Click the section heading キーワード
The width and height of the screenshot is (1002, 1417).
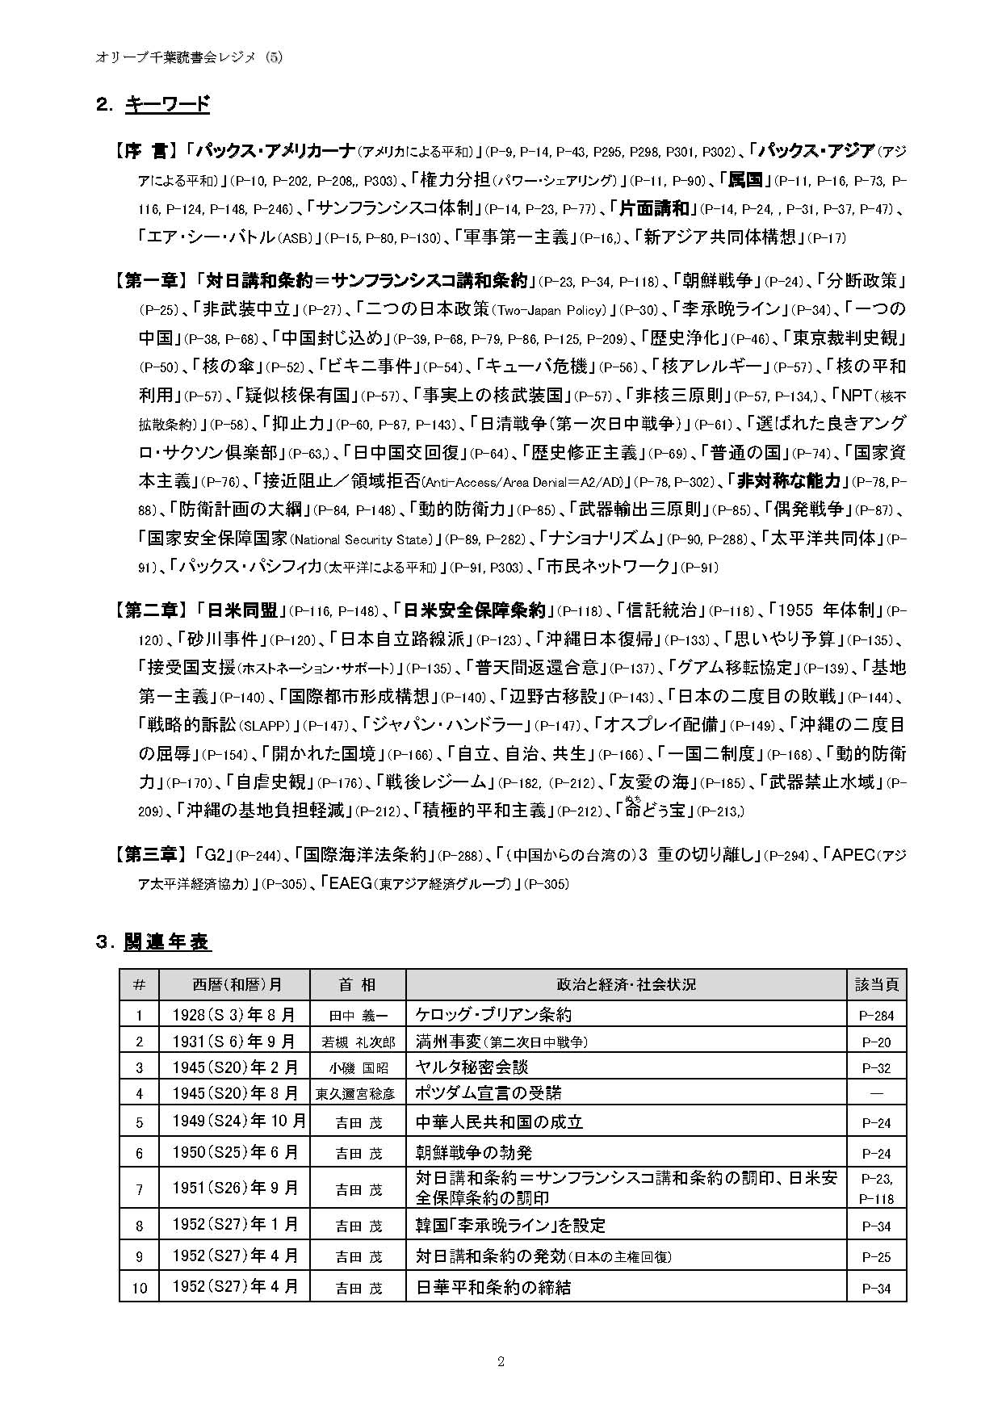coord(167,104)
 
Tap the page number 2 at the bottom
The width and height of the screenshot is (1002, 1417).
coord(501,1362)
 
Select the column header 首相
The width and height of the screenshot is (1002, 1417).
coord(357,984)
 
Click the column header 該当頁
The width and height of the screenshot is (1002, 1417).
coord(876,984)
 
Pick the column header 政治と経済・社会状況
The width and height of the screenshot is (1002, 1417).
coord(626,984)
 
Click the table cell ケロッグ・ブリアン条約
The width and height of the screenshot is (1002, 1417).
coord(493,1015)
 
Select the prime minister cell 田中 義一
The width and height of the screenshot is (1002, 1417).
coord(358,1016)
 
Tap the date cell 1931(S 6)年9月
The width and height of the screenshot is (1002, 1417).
coord(234,1042)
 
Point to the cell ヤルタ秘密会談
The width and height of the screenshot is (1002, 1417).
coord(472,1067)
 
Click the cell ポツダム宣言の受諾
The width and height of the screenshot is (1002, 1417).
coord(488,1093)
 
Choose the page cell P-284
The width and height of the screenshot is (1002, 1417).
coord(877,1016)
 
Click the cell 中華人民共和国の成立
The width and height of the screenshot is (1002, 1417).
coord(499,1122)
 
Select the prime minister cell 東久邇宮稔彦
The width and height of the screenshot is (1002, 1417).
coord(358,1094)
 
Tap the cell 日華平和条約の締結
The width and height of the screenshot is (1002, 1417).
coord(493,1287)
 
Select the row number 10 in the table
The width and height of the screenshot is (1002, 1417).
coord(139,1288)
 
